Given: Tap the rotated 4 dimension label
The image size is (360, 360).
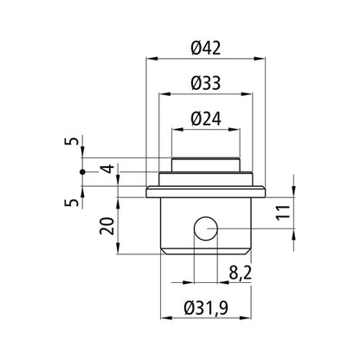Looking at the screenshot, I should click(105, 169).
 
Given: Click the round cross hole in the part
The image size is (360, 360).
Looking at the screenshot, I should click(205, 228).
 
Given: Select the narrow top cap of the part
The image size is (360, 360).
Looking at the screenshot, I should click(205, 164).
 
